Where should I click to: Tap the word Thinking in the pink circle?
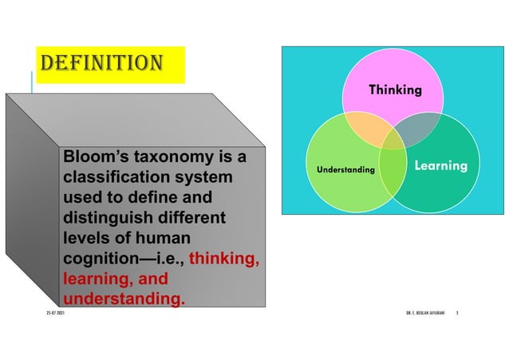tap(395, 90)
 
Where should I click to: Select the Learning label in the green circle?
tap(440, 165)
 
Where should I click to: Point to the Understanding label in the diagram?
tap(345, 170)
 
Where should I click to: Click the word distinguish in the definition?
tap(109, 218)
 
